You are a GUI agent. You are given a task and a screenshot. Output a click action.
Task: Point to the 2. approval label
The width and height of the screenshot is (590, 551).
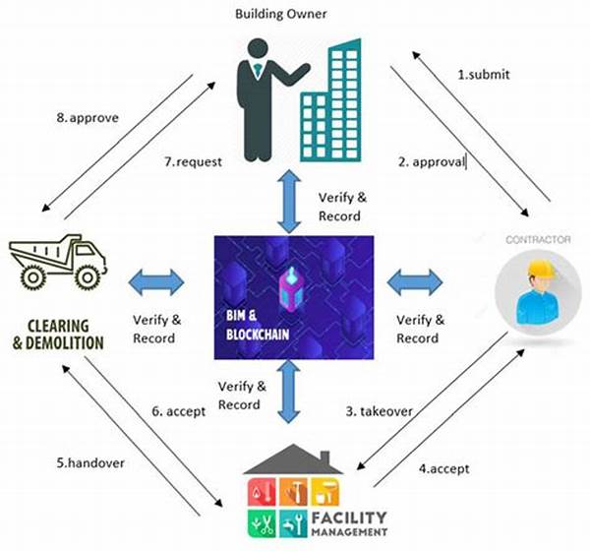431,162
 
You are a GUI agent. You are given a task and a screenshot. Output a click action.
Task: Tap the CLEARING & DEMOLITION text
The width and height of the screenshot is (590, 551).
61,335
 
